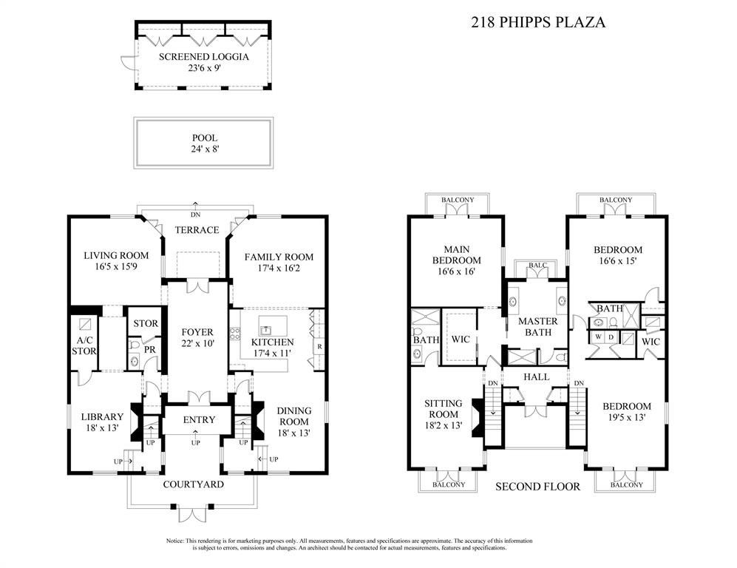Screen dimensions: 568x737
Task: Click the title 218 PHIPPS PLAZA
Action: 538,22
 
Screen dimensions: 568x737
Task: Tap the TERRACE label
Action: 196,230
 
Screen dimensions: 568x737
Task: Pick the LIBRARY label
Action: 102,416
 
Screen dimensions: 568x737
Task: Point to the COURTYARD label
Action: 194,484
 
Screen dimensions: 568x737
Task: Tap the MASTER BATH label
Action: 537,326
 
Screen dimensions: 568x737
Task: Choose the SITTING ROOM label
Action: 444,409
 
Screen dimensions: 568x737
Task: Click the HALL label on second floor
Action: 537,376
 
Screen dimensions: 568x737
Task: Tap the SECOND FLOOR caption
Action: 537,486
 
